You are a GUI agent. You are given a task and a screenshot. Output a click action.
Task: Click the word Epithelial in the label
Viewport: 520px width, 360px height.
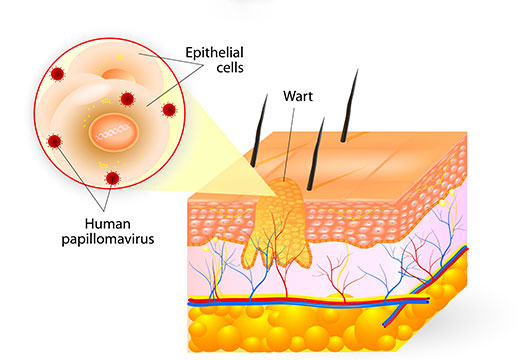pyautogui.click(x=214, y=53)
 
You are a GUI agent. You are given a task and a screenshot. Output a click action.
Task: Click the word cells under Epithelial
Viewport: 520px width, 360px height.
pyautogui.click(x=230, y=68)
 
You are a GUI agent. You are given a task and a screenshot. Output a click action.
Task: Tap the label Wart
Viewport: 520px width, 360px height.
pyautogui.click(x=298, y=96)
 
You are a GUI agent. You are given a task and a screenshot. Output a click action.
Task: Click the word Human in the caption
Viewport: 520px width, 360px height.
pyautogui.click(x=108, y=224)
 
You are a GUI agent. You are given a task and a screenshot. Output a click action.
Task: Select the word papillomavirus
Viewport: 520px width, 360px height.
pyautogui.click(x=108, y=239)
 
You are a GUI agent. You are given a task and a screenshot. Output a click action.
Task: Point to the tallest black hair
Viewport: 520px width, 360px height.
pyautogui.click(x=349, y=106)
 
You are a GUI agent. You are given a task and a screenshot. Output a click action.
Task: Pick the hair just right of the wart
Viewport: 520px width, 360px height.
pyautogui.click(x=315, y=154)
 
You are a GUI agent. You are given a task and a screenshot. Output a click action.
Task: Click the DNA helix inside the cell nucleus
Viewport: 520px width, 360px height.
pyautogui.click(x=113, y=131)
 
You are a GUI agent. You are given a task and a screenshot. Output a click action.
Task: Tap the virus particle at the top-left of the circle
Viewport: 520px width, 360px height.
pyautogui.click(x=57, y=74)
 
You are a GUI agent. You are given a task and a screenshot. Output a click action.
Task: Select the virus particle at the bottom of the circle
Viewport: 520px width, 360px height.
pyautogui.click(x=113, y=178)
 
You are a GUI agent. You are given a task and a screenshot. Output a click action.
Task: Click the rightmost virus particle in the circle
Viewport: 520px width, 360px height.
pyautogui.click(x=169, y=110)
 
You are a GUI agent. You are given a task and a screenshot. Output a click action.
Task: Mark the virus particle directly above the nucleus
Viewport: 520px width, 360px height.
pyautogui.click(x=127, y=99)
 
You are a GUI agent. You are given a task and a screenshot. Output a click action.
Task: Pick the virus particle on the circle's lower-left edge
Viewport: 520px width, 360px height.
pyautogui.click(x=55, y=141)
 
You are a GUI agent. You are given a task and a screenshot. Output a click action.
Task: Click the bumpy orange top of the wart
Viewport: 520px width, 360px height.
pyautogui.click(x=285, y=190)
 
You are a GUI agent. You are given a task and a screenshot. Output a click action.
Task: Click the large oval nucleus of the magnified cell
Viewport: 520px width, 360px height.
pyautogui.click(x=114, y=132)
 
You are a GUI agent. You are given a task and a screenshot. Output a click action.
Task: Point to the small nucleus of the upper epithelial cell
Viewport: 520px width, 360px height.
pyautogui.click(x=117, y=74)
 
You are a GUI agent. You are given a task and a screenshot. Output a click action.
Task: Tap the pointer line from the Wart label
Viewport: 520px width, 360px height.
pyautogui.click(x=289, y=144)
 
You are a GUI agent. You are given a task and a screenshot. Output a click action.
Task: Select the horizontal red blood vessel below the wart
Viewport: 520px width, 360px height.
pyautogui.click(x=308, y=300)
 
